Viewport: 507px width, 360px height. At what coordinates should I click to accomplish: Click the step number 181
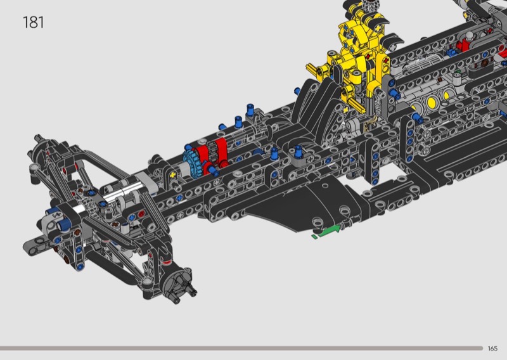[x=34, y=22]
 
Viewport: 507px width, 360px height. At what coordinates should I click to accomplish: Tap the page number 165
[x=492, y=349]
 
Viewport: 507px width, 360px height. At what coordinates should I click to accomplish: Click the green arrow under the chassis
[x=328, y=231]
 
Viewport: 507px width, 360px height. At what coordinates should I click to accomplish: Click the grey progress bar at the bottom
[x=241, y=348]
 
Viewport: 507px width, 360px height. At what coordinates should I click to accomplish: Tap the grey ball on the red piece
[x=468, y=35]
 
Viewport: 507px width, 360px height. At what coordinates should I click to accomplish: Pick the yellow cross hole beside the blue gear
[x=173, y=175]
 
